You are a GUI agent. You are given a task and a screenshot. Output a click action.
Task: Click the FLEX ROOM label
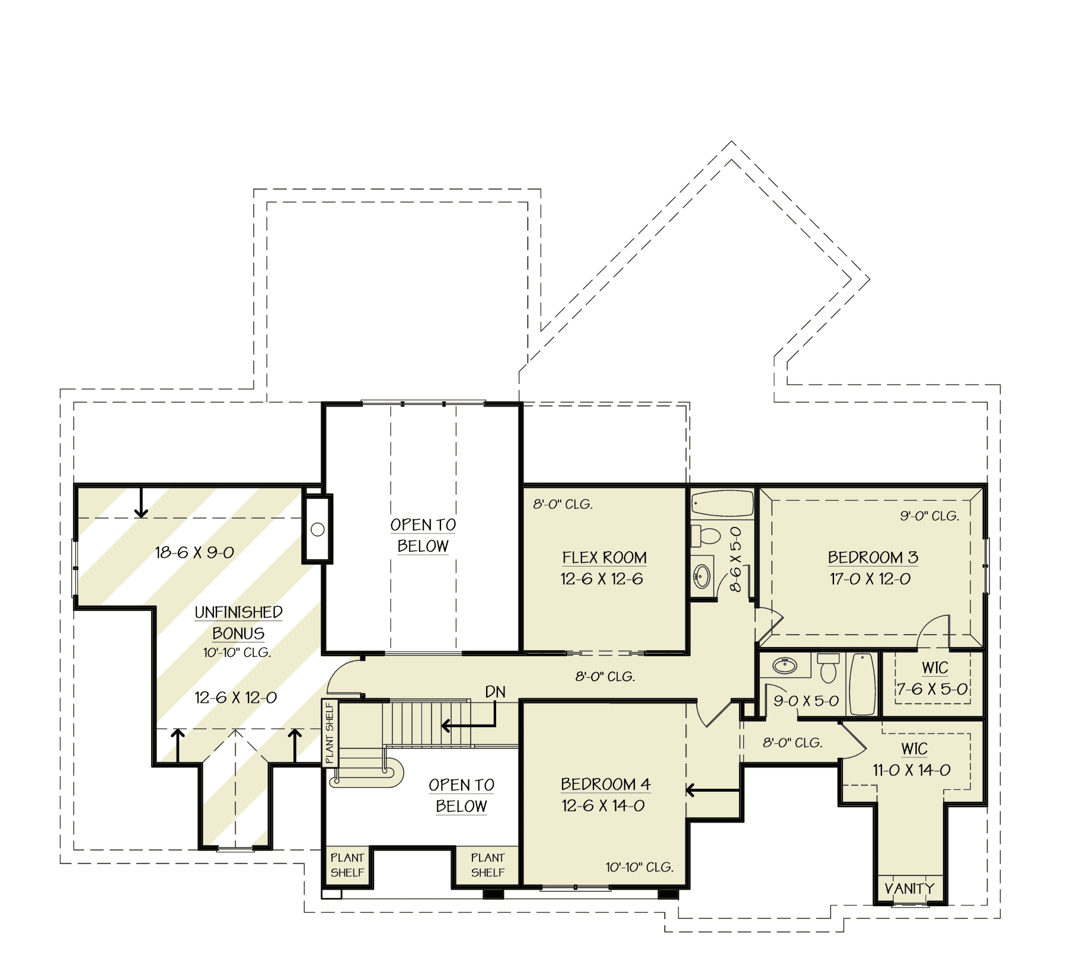(604, 558)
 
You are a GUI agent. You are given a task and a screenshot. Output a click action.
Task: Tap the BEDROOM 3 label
(873, 558)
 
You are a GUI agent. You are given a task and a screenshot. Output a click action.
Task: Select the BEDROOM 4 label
(605, 784)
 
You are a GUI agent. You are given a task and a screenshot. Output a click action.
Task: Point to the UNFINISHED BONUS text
(238, 622)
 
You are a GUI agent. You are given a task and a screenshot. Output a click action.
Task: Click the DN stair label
(495, 692)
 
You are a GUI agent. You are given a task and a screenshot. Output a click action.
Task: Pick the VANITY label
(909, 888)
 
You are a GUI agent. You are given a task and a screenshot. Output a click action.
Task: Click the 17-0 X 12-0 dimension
(870, 579)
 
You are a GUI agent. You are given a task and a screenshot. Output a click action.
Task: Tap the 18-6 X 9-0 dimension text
(194, 552)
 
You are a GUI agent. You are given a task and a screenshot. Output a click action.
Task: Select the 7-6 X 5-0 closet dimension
(932, 689)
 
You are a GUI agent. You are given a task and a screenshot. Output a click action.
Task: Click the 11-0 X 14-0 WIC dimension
(911, 770)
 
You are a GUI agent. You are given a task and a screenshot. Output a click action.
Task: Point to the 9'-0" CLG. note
(929, 516)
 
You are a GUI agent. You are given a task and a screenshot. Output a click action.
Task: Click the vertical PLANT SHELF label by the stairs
(330, 732)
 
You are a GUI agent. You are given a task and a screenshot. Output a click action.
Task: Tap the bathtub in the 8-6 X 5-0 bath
(721, 504)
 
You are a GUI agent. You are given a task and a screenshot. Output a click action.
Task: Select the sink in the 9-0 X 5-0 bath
(785, 666)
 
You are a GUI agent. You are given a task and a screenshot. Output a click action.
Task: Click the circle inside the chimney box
(318, 529)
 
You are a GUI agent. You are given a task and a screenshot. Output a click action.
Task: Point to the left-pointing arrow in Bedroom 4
(711, 790)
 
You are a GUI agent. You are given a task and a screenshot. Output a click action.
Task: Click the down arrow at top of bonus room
(141, 504)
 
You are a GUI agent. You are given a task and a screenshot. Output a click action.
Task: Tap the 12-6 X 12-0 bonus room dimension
(235, 698)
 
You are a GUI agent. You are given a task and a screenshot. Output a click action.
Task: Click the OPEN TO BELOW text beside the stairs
(461, 795)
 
